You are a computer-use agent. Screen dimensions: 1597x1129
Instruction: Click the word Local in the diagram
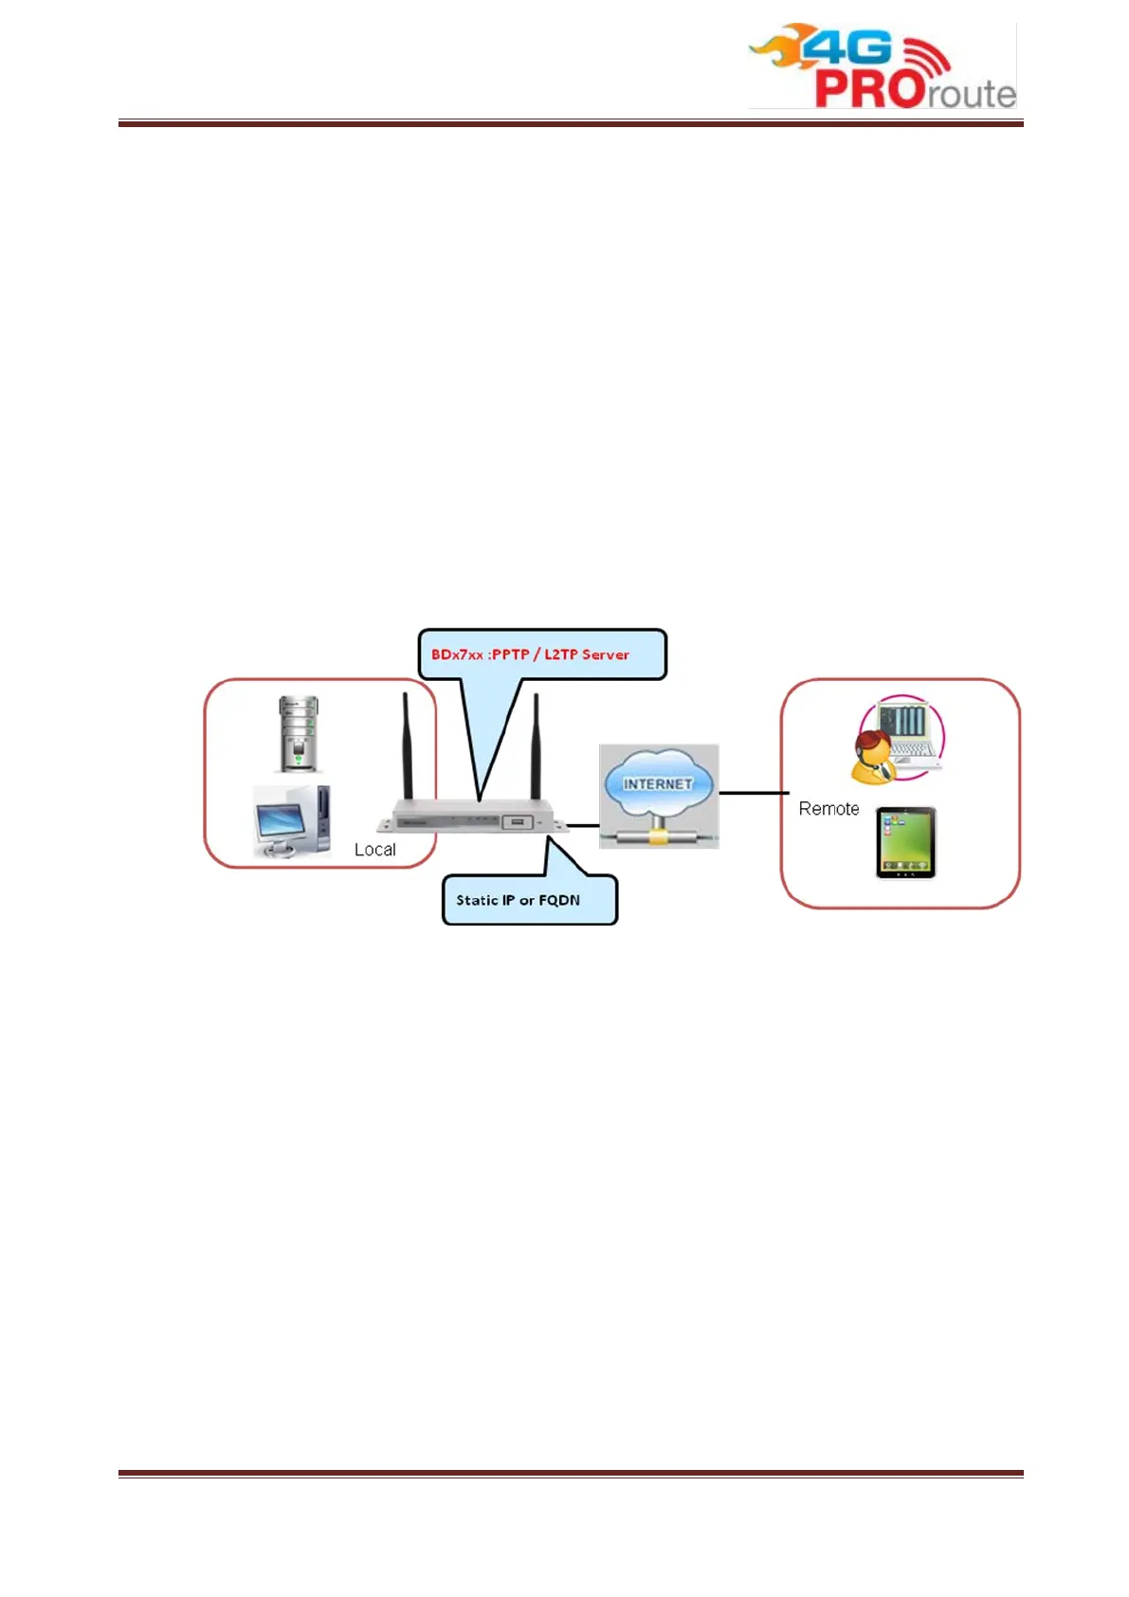[374, 850]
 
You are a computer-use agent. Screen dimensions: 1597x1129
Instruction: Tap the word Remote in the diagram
[829, 809]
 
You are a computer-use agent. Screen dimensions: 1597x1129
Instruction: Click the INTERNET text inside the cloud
[658, 784]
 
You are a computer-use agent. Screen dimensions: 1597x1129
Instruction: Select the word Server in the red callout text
[606, 654]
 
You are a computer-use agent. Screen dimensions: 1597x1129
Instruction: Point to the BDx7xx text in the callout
[458, 654]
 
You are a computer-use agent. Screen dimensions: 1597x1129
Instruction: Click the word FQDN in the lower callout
[559, 900]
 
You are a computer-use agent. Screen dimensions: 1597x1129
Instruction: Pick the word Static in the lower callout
[477, 900]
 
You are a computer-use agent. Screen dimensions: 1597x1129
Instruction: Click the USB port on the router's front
[517, 822]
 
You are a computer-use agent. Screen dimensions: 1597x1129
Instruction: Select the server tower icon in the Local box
[299, 733]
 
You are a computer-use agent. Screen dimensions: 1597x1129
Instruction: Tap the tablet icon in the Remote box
[905, 843]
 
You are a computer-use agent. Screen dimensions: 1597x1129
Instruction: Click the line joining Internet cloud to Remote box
[754, 793]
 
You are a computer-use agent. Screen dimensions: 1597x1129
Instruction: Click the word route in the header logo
[973, 94]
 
